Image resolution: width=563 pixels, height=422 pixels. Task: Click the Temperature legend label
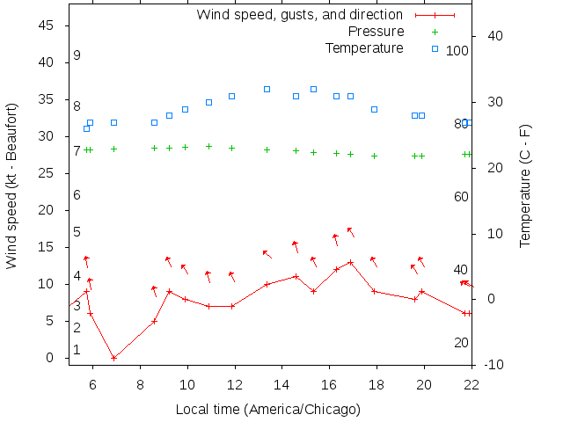pos(364,47)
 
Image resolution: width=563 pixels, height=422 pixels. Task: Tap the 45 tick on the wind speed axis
pos(48,25)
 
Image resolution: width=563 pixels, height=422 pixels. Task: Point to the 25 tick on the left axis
pos(48,173)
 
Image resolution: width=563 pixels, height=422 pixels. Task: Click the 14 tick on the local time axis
pos(281,384)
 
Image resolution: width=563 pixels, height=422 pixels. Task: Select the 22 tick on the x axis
pos(472,384)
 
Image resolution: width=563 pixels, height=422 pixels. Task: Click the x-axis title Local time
pos(267,409)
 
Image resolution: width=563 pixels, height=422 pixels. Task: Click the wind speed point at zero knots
pos(113,358)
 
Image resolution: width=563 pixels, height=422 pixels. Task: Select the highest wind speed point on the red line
pos(350,262)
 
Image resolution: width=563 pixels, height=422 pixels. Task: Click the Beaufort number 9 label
pos(77,55)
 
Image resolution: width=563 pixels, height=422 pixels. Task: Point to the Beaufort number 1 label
pos(77,350)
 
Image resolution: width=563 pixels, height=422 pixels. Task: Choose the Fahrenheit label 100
pos(457,51)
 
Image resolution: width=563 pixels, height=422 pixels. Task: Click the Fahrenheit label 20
pos(461,343)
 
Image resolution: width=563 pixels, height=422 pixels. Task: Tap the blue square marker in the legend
pos(435,47)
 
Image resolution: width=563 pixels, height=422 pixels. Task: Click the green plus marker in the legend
pos(435,32)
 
